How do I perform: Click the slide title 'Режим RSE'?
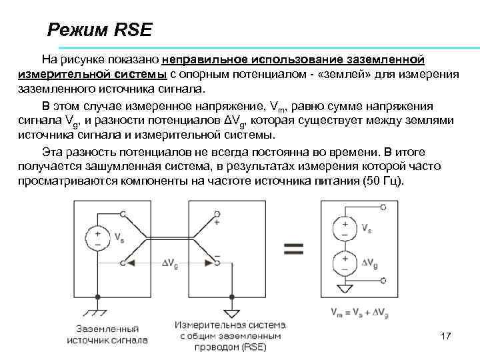click(x=100, y=30)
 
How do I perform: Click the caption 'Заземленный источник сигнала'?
click(x=107, y=334)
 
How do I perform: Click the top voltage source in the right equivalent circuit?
click(x=345, y=229)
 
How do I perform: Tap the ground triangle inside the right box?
click(x=345, y=288)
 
